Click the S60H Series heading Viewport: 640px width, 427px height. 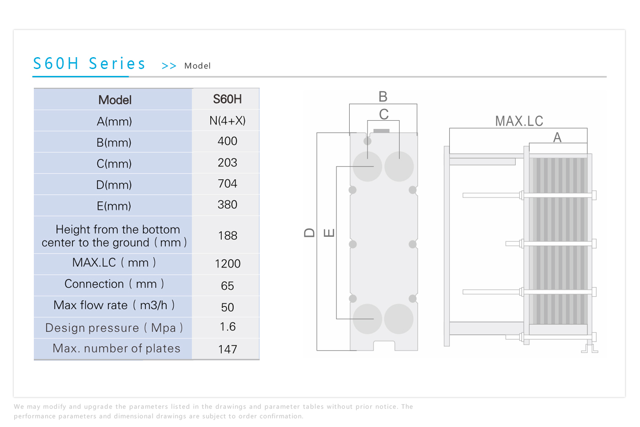[x=89, y=64]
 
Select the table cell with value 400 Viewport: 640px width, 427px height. [x=228, y=141]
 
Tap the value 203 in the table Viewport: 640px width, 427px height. [x=228, y=163]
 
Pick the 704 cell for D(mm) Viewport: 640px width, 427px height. [x=228, y=184]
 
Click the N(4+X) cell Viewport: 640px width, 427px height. [x=228, y=121]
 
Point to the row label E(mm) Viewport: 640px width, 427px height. [x=114, y=206]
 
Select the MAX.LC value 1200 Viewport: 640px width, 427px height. [x=228, y=263]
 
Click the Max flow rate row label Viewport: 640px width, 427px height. [x=114, y=305]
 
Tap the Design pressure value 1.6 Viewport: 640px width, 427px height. [x=228, y=327]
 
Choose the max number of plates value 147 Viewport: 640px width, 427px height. [x=228, y=349]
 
